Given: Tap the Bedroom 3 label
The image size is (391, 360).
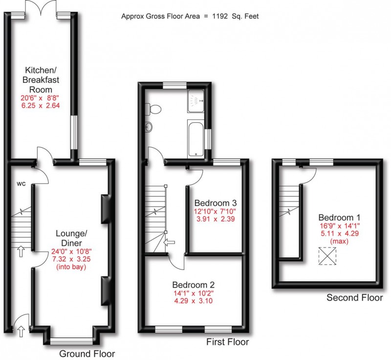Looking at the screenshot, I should [216, 202].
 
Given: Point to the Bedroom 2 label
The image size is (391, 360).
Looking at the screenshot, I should [193, 285].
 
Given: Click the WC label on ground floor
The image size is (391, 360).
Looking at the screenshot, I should [21, 184].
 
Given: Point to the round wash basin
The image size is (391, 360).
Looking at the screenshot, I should [149, 128].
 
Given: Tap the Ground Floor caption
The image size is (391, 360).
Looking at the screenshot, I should [87, 353].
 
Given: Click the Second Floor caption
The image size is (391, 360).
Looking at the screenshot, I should [354, 297].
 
